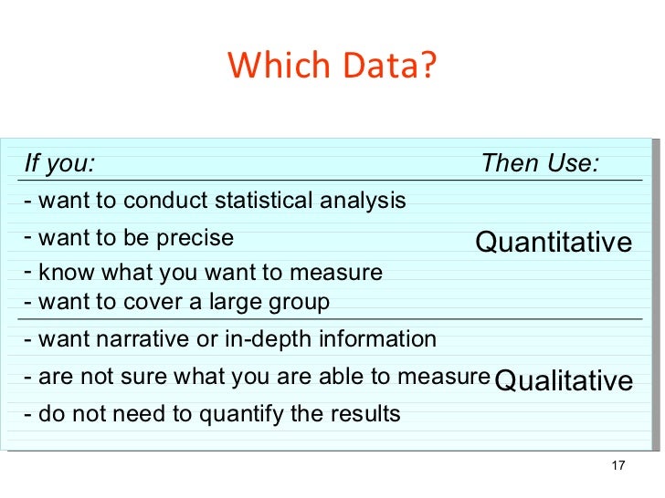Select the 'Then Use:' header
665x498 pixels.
pos(540,164)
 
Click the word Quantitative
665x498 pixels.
pos(554,242)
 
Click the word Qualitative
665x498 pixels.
pos(563,380)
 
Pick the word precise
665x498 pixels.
pos(195,238)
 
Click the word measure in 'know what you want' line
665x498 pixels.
pos(340,273)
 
